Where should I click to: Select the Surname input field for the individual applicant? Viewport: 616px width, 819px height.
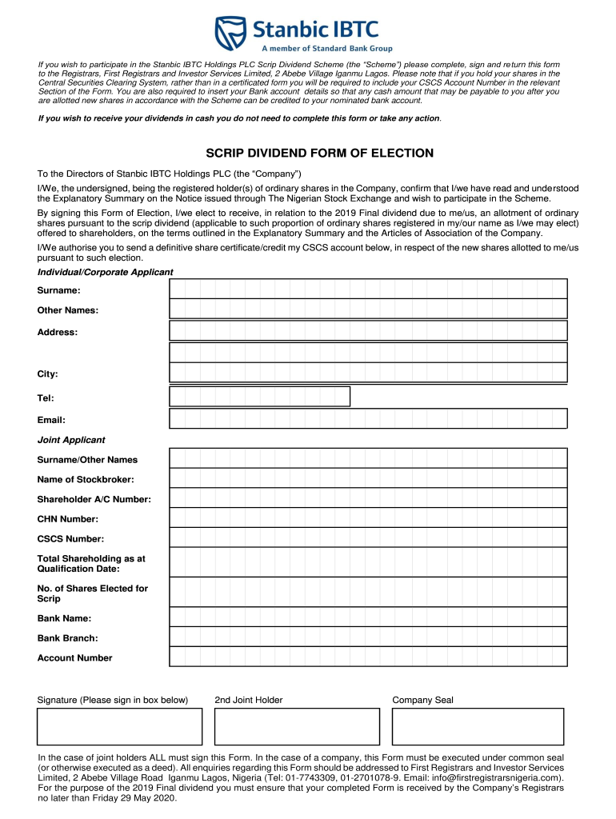click(368, 288)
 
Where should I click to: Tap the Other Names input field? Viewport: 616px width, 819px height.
click(368, 309)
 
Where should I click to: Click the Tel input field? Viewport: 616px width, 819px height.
click(260, 397)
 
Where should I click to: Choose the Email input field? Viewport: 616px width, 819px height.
click(368, 418)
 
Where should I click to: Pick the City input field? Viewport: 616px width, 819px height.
click(368, 373)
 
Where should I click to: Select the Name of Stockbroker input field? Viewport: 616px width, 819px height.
click(368, 478)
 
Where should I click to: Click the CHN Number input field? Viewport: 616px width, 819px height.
click(368, 517)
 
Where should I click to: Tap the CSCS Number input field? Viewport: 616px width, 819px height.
click(368, 537)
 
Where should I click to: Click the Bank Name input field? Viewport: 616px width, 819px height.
click(368, 617)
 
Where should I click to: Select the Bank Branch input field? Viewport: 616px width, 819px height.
click(368, 637)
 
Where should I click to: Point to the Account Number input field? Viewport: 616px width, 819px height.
click(368, 656)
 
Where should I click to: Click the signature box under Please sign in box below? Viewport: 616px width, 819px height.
click(119, 726)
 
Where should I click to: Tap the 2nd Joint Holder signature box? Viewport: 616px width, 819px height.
click(297, 726)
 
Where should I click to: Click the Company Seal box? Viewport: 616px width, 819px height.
click(478, 726)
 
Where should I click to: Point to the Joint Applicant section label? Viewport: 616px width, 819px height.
click(71, 440)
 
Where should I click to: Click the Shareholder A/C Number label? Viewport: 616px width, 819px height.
click(94, 499)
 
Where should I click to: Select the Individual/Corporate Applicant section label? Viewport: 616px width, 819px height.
click(105, 272)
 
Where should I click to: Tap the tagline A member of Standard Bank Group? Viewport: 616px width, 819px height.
click(328, 48)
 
